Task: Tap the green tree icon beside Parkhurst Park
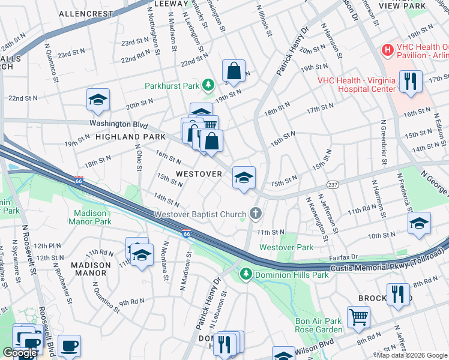tap(208, 85)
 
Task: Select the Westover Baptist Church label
tap(200, 214)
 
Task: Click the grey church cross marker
tap(256, 214)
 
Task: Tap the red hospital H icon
tap(387, 50)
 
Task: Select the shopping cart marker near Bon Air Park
tap(358, 316)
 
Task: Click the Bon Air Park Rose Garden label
tap(318, 325)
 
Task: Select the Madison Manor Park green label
tap(92, 217)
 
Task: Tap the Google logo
tap(20, 353)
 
